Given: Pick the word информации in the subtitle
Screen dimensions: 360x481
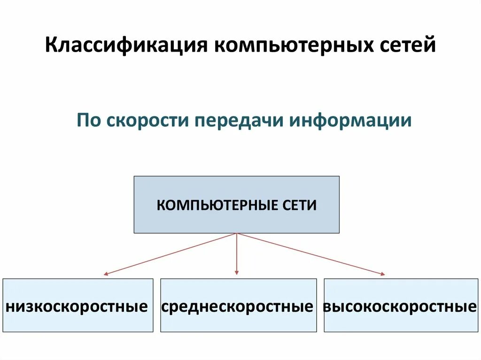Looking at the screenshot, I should click(x=351, y=121).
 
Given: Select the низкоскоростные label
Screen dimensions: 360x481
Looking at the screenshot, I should click(x=77, y=307).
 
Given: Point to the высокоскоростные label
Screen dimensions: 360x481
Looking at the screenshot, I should click(x=400, y=307).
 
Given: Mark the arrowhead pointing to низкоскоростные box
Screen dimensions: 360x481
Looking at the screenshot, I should click(x=107, y=273).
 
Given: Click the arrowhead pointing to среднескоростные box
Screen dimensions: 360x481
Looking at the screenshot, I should click(x=237, y=273).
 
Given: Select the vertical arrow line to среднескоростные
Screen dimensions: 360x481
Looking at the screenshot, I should click(x=237, y=253).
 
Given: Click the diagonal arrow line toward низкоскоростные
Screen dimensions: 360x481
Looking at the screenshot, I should click(x=171, y=253).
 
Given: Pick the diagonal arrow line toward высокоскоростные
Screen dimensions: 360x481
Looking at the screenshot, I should click(x=310, y=253).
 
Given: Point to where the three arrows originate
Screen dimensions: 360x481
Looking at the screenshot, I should click(x=237, y=234).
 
